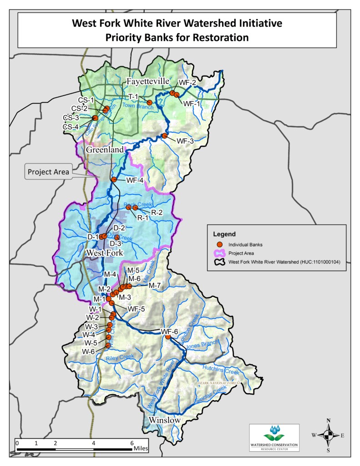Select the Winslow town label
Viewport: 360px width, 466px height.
tap(165, 420)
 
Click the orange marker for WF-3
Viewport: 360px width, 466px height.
tap(164, 136)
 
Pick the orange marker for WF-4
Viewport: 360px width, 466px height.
tap(114, 180)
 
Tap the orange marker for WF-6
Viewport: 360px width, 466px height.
tap(167, 337)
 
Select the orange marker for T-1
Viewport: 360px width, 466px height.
tap(149, 102)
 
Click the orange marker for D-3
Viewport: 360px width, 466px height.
tap(117, 237)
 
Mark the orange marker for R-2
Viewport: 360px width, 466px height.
tap(135, 208)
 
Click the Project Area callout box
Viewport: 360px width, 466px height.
tap(48, 172)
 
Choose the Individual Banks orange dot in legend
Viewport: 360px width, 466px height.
tap(219, 244)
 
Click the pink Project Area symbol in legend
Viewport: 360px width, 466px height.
tap(219, 253)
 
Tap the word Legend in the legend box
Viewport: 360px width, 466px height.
tap(224, 234)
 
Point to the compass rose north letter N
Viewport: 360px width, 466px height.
tap(328, 420)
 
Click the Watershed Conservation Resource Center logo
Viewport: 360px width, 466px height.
tap(274, 437)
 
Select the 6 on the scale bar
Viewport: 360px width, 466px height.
tap(132, 442)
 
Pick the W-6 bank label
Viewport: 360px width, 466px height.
tap(88, 351)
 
